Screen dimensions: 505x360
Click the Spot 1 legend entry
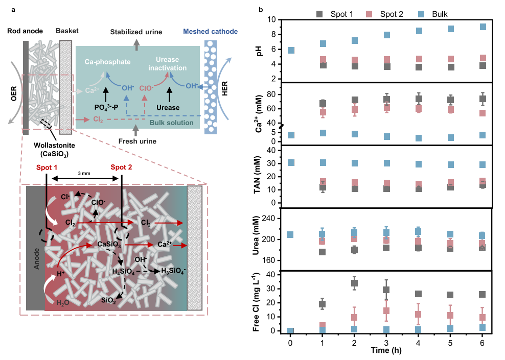tap(335, 14)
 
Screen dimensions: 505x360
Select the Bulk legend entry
tap(432, 14)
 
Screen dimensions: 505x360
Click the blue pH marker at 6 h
tap(483, 27)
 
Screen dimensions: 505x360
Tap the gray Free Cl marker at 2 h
tap(354, 283)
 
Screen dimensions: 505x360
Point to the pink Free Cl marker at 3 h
tap(386, 310)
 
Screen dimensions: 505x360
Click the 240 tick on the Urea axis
tap(269, 219)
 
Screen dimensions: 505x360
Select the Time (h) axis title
tap(386, 350)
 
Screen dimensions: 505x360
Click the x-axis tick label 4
tap(418, 343)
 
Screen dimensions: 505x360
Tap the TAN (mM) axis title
tap(257, 175)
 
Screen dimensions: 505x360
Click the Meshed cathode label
tap(210, 32)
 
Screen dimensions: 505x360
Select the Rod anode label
tap(25, 31)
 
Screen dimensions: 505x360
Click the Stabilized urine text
tap(136, 32)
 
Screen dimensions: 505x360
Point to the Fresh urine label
tap(137, 141)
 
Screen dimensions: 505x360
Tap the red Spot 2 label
tap(121, 167)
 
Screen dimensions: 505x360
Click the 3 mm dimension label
tap(84, 174)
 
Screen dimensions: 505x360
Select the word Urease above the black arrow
tap(168, 107)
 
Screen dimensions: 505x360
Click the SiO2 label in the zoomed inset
tap(108, 300)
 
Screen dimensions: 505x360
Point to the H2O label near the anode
tap(62, 303)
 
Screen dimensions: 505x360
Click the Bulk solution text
tap(172, 123)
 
